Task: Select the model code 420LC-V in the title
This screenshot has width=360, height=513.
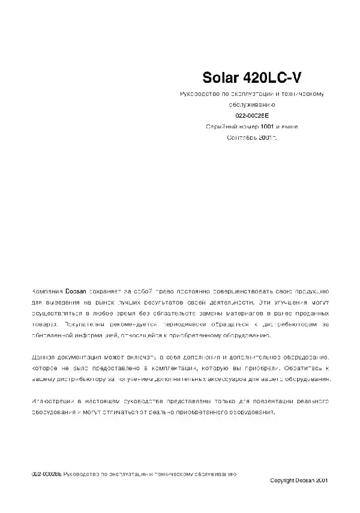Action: [x=275, y=78]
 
